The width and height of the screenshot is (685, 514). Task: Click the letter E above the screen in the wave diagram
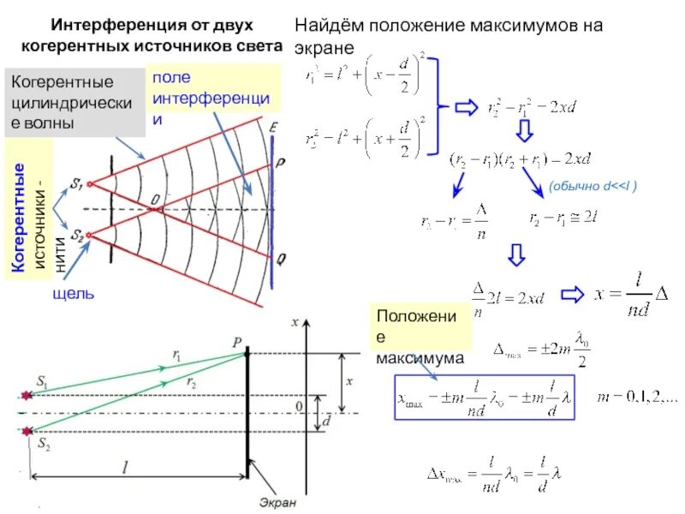tap(273, 128)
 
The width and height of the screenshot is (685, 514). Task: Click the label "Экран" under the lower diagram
tap(278, 503)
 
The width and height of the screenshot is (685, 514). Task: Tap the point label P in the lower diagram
tap(237, 340)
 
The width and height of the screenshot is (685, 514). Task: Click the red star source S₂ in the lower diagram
tap(27, 431)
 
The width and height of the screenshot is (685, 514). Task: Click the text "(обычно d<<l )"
tap(593, 185)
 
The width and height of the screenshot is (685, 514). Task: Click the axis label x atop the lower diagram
tap(295, 322)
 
